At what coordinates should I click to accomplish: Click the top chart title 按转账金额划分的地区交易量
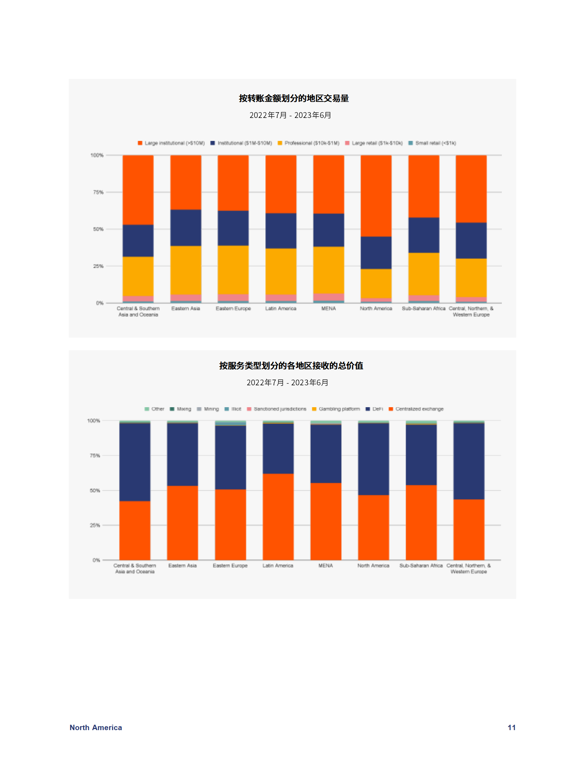tap(294, 98)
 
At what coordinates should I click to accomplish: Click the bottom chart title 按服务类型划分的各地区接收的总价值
tap(291, 366)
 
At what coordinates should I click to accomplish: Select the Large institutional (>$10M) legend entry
tap(171, 143)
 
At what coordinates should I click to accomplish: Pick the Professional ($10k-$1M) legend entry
tap(309, 143)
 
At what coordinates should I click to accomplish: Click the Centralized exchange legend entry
tap(416, 409)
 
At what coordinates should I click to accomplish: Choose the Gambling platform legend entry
tap(336, 409)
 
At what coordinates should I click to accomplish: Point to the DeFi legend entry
tap(375, 409)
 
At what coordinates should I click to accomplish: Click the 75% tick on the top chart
tap(98, 192)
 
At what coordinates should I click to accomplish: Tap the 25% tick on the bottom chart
tap(95, 525)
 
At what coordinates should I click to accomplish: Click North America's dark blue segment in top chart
tap(376, 253)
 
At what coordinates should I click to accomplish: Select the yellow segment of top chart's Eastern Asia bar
tap(186, 270)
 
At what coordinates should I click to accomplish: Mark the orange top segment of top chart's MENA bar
tap(328, 184)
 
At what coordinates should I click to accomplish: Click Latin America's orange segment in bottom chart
tap(278, 516)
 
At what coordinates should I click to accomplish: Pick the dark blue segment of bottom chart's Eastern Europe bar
tap(230, 457)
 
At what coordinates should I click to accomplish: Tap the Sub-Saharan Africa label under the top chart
tap(423, 309)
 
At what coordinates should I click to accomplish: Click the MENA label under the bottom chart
tap(325, 566)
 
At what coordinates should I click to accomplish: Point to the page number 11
tap(512, 727)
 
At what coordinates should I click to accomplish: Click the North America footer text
tap(96, 727)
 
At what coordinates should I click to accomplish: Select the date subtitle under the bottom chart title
tap(287, 382)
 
